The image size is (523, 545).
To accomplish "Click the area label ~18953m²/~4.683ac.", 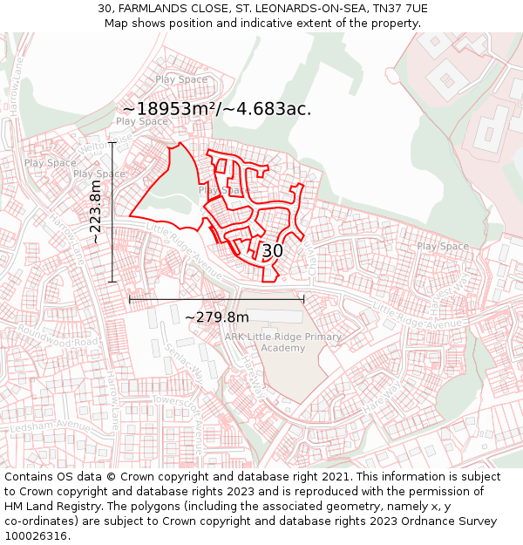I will click(x=216, y=109).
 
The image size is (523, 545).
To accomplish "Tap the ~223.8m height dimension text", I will click(x=96, y=212).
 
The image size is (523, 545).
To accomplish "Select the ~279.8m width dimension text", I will click(x=217, y=317).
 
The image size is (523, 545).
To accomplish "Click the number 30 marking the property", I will click(x=272, y=251).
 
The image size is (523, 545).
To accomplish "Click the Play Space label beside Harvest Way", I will click(x=443, y=247).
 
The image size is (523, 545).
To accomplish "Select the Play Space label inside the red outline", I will click(x=223, y=190).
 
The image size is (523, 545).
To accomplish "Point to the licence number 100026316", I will click(x=36, y=536).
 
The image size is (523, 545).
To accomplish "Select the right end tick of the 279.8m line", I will click(x=303, y=299).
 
